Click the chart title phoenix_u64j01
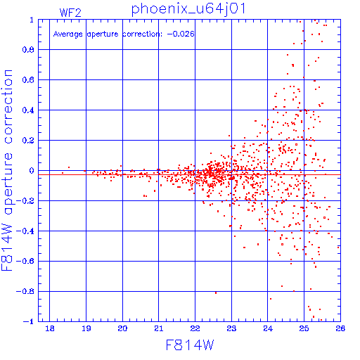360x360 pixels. [x=188, y=9]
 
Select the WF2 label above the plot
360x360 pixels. [x=70, y=13]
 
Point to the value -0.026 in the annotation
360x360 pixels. [x=181, y=34]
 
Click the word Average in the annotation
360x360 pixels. [x=67, y=34]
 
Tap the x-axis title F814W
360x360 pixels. [x=190, y=345]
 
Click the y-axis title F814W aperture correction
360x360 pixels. [x=7, y=170]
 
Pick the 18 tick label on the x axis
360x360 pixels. [x=50, y=328]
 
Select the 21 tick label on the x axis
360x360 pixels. [x=159, y=328]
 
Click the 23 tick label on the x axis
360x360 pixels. [x=231, y=328]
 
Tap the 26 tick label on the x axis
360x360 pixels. [x=340, y=328]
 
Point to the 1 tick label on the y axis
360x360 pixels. [x=32, y=20]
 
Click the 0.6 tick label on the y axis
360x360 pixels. [x=28, y=80]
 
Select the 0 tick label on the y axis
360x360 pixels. [x=32, y=170]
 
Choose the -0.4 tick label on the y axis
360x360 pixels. [x=25, y=231]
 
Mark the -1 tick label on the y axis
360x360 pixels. [x=29, y=321]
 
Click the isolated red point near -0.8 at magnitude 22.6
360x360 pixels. [x=216, y=292]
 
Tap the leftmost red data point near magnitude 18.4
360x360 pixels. [x=63, y=173]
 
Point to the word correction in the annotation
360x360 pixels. [x=142, y=34]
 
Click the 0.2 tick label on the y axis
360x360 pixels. [x=28, y=140]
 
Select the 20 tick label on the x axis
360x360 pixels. [x=122, y=328]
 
